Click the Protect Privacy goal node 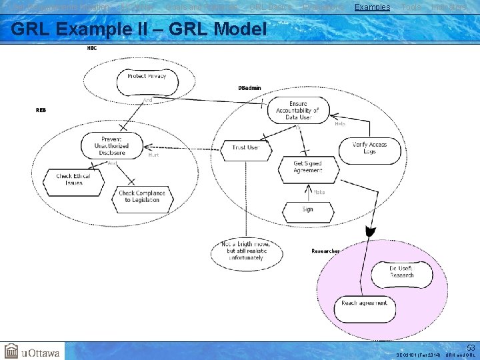(x=147, y=76)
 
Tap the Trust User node (x=245, y=147)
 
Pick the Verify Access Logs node (x=369, y=148)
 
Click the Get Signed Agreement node (x=307, y=167)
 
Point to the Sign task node (x=307, y=209)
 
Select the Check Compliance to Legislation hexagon (x=142, y=197)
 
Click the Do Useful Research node (x=402, y=272)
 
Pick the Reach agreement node (x=364, y=303)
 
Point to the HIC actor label (x=92, y=48)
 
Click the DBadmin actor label (x=249, y=88)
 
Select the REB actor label (x=41, y=110)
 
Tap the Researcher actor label (x=325, y=251)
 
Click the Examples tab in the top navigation (x=372, y=7)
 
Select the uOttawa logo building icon (x=12, y=351)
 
